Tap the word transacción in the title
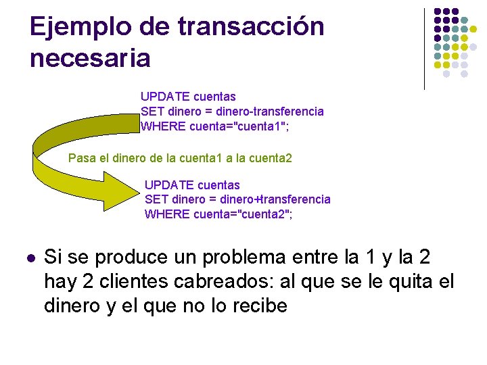coord(251,28)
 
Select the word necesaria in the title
coord(90,58)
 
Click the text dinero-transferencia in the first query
coord(270,111)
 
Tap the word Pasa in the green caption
coord(82,159)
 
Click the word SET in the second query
coord(156,199)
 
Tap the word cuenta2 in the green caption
coord(271,159)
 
